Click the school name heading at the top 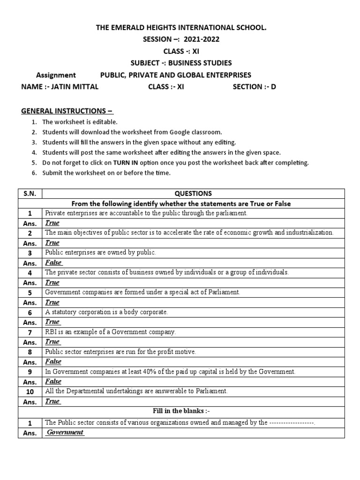pyautogui.click(x=181, y=28)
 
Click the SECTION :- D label pyautogui.click(x=255, y=87)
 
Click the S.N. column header pyautogui.click(x=30, y=193)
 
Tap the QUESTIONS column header pyautogui.click(x=193, y=193)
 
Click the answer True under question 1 pyautogui.click(x=52, y=223)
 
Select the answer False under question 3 pyautogui.click(x=53, y=262)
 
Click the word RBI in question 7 pyautogui.click(x=51, y=332)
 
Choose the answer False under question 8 pyautogui.click(x=53, y=361)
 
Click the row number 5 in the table pyautogui.click(x=30, y=292)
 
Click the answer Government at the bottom pyautogui.click(x=65, y=432)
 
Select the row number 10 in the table pyautogui.click(x=30, y=391)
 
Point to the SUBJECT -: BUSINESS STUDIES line pyautogui.click(x=181, y=63)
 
